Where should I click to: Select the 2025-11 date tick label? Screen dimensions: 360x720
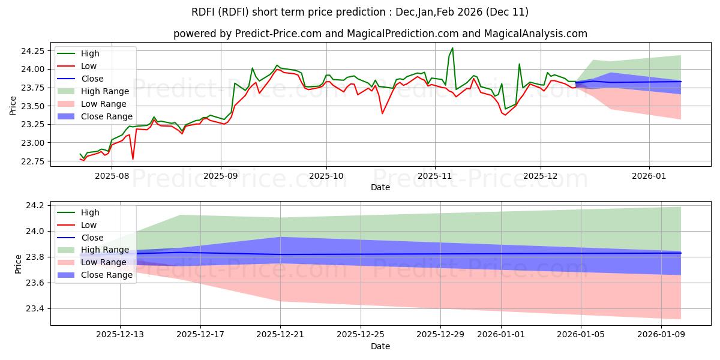(434, 176)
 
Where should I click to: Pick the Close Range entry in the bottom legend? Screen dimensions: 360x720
(106, 275)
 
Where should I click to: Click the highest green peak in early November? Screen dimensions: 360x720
(452, 48)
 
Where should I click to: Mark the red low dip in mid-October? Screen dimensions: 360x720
(382, 113)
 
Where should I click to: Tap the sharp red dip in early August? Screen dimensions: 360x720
(133, 159)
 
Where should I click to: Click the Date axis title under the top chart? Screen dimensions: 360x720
(380, 187)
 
